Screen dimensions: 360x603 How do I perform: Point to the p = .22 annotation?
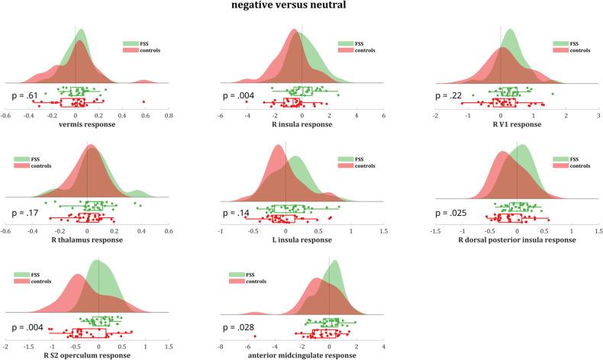pyautogui.click(x=447, y=95)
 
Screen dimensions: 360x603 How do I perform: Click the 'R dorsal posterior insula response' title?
pyautogui.click(x=517, y=240)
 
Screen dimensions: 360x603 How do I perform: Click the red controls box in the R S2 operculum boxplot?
pyautogui.click(x=91, y=333)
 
